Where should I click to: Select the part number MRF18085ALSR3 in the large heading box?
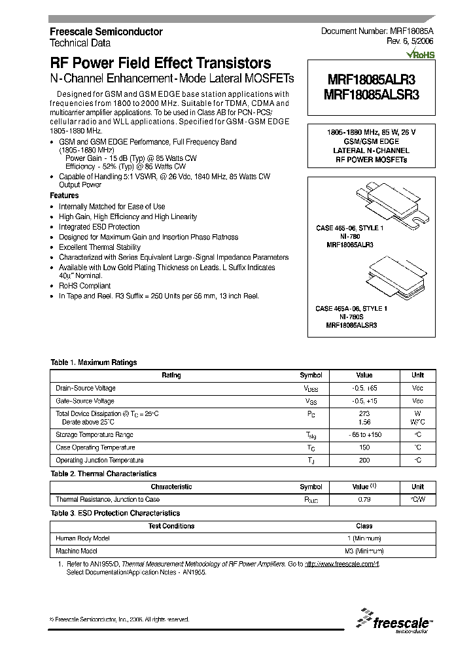371,94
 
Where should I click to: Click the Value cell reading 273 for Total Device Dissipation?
364,413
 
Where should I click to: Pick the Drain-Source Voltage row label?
85,389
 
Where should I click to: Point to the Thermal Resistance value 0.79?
364,500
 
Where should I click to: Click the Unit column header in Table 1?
417,375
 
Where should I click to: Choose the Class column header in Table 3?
364,526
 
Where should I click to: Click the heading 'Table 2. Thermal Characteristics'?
104,474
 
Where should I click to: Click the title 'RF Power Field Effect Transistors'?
160,63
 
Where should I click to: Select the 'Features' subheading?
64,196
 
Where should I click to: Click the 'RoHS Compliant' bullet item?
84,286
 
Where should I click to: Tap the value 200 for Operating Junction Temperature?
364,461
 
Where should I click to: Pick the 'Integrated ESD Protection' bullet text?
99,227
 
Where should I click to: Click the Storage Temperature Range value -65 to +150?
364,435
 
